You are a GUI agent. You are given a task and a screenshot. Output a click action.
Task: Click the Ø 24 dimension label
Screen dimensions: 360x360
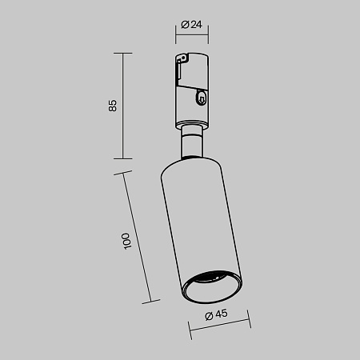pyautogui.click(x=191, y=25)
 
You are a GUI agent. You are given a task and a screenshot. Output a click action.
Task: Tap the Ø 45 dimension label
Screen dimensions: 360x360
pyautogui.click(x=216, y=314)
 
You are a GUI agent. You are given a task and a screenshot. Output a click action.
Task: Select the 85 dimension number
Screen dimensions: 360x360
pyautogui.click(x=113, y=106)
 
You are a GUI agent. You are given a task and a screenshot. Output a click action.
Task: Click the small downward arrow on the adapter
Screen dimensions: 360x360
pyautogui.click(x=202, y=100)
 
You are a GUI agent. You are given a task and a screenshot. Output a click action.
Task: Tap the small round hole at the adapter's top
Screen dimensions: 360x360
pyautogui.click(x=182, y=57)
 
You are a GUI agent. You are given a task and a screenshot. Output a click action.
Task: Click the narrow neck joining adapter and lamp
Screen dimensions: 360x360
pyautogui.click(x=192, y=142)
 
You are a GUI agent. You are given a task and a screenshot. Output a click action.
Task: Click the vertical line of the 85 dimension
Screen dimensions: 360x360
pyautogui.click(x=123, y=106)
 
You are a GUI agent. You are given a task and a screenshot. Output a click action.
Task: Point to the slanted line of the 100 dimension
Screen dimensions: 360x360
pyautogui.click(x=137, y=238)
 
